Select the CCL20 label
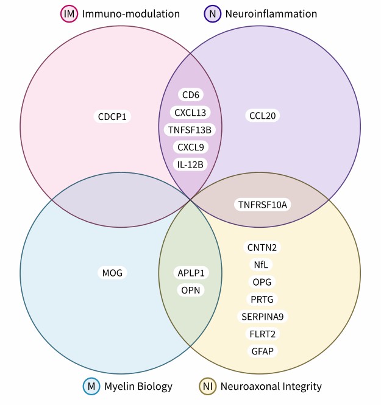263,116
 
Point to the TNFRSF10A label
263,205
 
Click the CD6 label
190,94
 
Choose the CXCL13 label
190,112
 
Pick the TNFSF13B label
190,129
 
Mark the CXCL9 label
190,147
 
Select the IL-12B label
190,164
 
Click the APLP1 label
190,273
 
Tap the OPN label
190,290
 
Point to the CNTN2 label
263,247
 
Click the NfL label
262,264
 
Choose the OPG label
263,281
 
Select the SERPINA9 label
263,317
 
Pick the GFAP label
263,351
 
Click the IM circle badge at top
69,13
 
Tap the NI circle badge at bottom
207,386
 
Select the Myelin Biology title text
138,386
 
